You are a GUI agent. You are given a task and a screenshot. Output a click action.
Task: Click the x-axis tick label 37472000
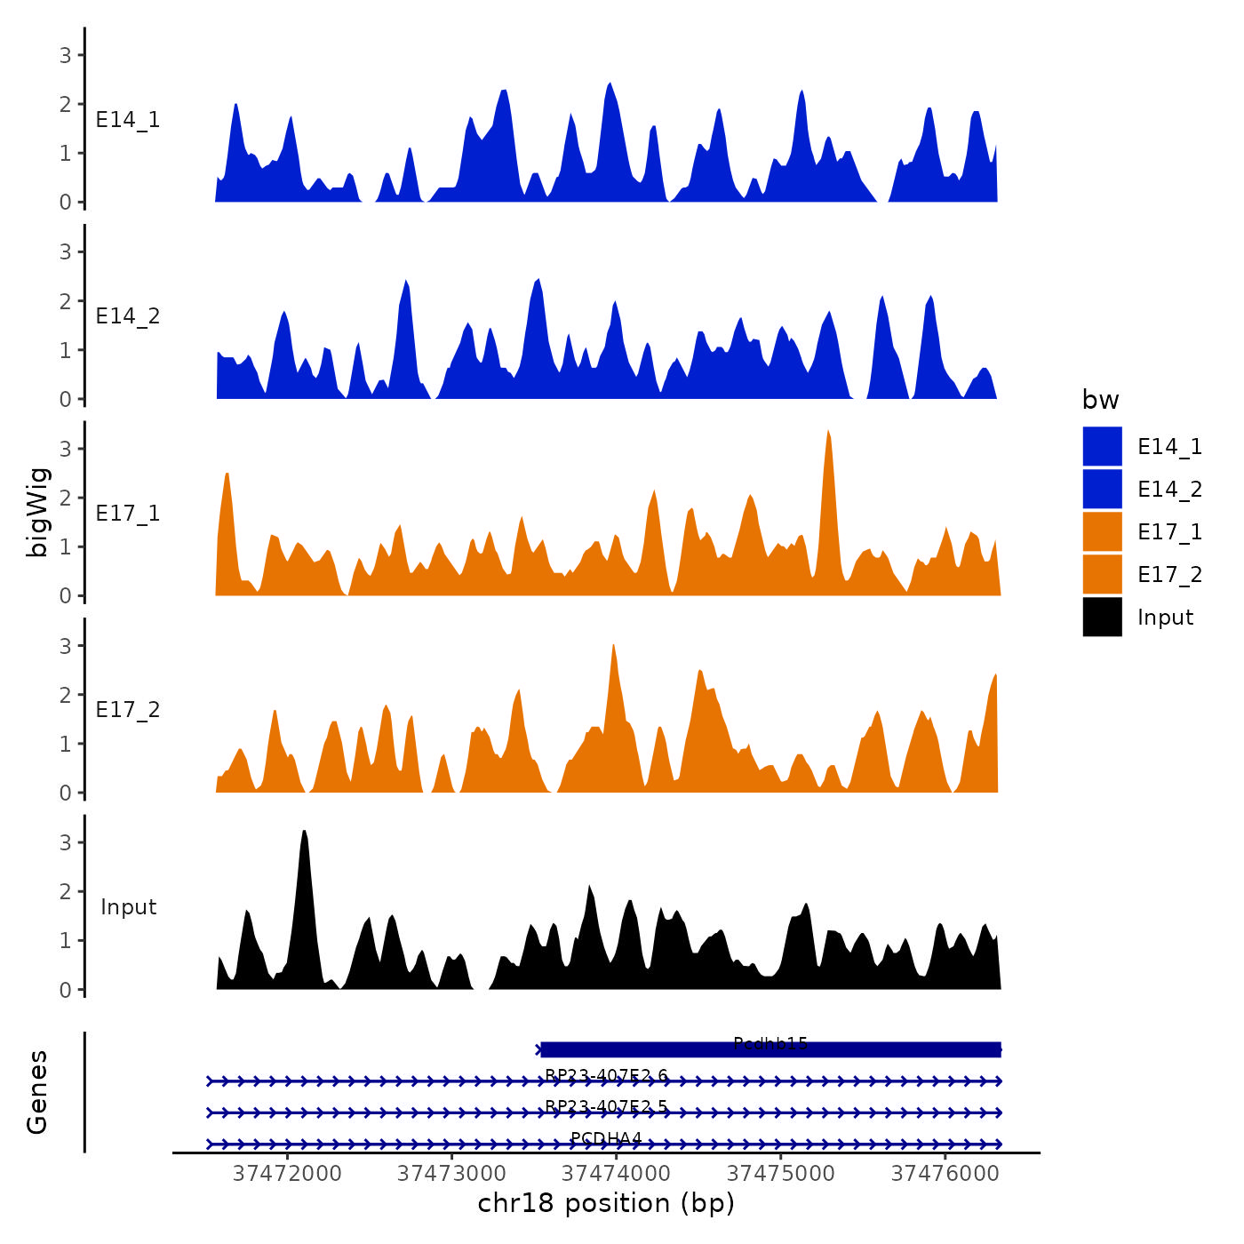pos(287,1173)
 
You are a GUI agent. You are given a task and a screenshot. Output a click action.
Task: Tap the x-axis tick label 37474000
pos(617,1173)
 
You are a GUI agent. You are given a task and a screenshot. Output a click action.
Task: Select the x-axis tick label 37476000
pos(945,1173)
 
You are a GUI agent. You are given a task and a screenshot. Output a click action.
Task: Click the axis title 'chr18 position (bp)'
pos(606,1203)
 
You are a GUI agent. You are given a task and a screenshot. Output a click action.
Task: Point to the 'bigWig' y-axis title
pos(38,512)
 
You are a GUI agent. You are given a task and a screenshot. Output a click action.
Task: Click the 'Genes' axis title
pos(37,1092)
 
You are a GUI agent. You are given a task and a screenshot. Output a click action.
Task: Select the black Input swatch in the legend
pos(1102,618)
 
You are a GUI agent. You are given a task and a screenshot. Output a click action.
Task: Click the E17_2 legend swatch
pos(1102,575)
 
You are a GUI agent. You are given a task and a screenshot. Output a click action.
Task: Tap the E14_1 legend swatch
pos(1102,446)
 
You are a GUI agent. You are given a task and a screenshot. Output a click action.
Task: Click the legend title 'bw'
pos(1100,401)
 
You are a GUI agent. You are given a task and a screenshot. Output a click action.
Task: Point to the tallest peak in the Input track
pos(304,832)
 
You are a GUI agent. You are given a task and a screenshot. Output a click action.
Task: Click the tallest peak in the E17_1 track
pos(828,432)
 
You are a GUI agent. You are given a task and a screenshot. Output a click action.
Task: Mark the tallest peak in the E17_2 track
pos(613,646)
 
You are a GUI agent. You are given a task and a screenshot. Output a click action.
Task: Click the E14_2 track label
pos(128,316)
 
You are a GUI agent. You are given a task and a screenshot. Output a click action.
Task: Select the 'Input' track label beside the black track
pos(128,907)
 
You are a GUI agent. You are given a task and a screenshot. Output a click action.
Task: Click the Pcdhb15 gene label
pos(770,1043)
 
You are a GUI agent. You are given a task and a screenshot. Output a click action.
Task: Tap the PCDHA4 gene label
pos(606,1138)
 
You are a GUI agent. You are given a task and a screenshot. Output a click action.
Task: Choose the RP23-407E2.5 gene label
pos(606,1106)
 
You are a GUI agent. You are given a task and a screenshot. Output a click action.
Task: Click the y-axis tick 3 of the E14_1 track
pos(66,55)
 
